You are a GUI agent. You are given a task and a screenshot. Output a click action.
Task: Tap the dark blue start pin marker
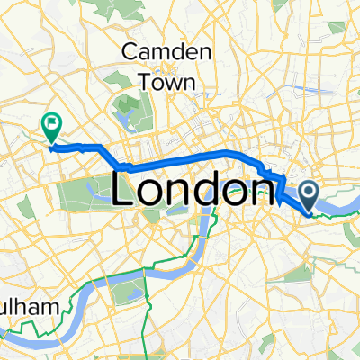(x=309, y=195)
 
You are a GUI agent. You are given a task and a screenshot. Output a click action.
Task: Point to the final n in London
(x=254, y=191)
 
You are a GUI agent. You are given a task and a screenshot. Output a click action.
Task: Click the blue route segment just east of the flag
(x=76, y=145)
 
